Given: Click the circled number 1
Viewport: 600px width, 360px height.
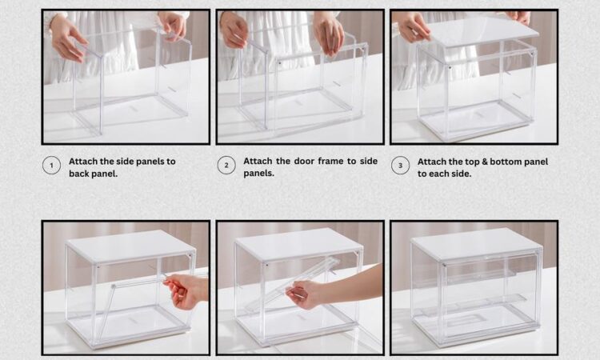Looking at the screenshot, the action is pyautogui.click(x=51, y=166).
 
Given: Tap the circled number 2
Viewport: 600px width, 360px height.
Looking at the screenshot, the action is pyautogui.click(x=226, y=166).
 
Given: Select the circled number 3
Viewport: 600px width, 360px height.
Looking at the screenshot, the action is pyautogui.click(x=400, y=166).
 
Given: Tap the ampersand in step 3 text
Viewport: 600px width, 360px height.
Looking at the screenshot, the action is pyautogui.click(x=485, y=162).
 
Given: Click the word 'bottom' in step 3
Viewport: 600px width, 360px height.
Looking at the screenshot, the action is pyautogui.click(x=506, y=162).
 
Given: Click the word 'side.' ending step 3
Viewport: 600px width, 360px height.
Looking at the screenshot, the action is pyautogui.click(x=461, y=174).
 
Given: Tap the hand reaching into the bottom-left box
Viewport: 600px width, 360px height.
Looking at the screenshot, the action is pyautogui.click(x=187, y=290).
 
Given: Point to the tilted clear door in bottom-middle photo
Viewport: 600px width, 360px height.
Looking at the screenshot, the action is pyautogui.click(x=293, y=285).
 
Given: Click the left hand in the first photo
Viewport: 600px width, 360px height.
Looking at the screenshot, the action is pyautogui.click(x=68, y=38).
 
